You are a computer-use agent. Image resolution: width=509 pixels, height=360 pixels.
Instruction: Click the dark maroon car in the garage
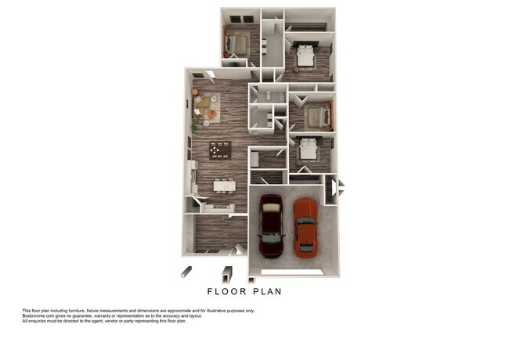pyautogui.click(x=271, y=225)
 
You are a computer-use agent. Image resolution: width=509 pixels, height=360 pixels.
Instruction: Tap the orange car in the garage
pyautogui.click(x=305, y=226)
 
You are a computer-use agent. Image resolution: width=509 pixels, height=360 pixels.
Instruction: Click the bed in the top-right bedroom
pyautogui.click(x=304, y=55)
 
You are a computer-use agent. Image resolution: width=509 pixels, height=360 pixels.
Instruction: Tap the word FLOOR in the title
pyautogui.click(x=226, y=291)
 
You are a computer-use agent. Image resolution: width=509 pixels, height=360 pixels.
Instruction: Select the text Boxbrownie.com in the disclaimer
pyautogui.click(x=40, y=315)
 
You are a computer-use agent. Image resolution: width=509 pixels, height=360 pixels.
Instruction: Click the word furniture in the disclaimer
pyautogui.click(x=85, y=311)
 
